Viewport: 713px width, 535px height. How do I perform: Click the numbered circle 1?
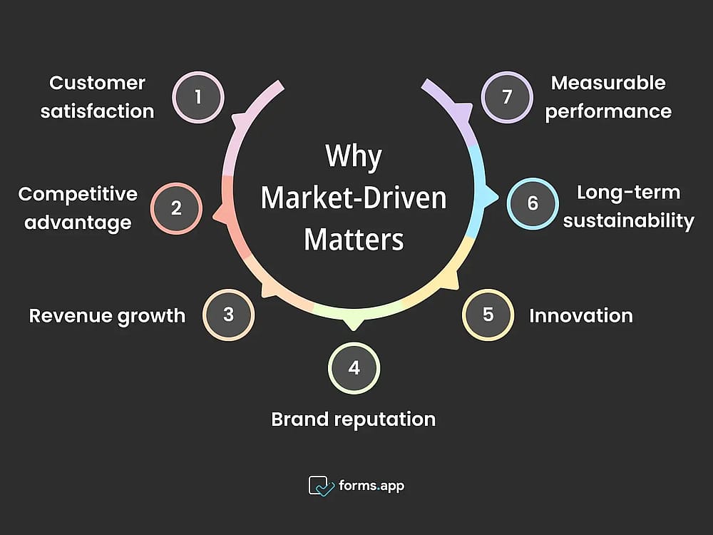198,97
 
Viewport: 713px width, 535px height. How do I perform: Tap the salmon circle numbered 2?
176,208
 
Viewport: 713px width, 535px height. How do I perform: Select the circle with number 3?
229,315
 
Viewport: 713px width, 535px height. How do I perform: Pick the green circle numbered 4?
354,368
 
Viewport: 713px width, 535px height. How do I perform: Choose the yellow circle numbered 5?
488,315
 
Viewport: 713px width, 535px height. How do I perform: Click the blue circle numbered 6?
533,203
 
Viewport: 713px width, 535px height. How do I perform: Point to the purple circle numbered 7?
507,97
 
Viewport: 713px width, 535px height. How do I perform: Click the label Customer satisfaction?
97,97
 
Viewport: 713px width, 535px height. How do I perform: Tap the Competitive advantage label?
78,208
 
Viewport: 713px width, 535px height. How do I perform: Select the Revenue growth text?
108,316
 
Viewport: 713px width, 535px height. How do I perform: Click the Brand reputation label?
354,419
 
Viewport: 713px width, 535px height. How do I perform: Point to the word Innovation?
581,316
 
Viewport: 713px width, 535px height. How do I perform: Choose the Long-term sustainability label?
628,207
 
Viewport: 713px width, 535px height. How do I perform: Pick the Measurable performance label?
608,97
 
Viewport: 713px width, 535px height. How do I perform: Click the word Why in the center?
354,157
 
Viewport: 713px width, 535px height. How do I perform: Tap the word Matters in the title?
354,239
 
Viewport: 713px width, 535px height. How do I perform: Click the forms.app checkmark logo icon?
321,486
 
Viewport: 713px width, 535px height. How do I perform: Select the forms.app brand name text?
371,486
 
